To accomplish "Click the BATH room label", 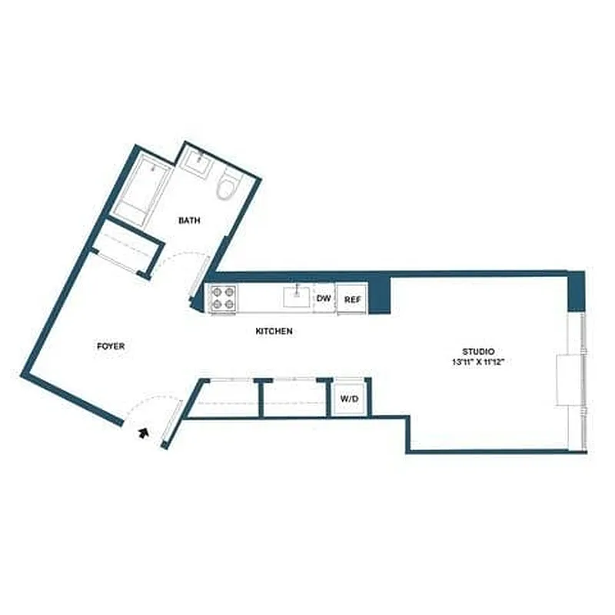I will click(189, 221).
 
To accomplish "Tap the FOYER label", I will click(111, 347).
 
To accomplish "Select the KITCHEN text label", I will click(274, 331).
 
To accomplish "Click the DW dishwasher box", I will click(324, 298).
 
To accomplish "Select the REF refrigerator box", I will click(351, 299).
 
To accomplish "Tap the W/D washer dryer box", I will click(350, 399).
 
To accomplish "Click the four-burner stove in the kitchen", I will click(223, 298).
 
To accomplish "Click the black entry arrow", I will click(143, 434).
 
